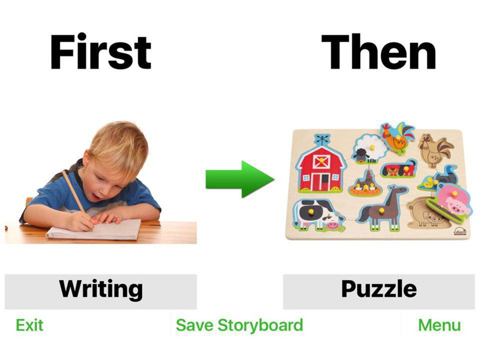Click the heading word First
point(101,52)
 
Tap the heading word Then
point(379,52)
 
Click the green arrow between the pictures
point(240,179)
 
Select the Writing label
point(101,289)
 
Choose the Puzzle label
point(379,289)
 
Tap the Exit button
point(29,325)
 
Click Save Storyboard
point(240,325)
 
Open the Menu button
point(439,325)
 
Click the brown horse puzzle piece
point(383,208)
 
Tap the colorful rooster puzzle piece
point(398,138)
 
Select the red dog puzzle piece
point(398,168)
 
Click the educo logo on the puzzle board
point(459,232)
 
